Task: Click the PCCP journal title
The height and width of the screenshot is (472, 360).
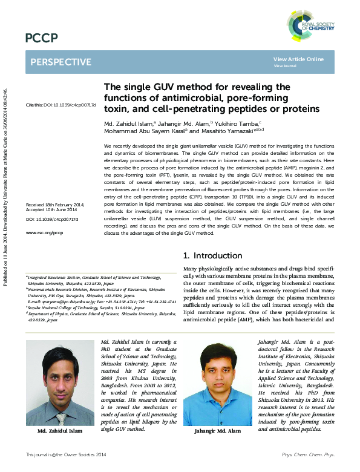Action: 41,39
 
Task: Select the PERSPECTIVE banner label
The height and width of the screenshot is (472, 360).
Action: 61,62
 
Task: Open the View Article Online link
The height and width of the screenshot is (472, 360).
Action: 298,59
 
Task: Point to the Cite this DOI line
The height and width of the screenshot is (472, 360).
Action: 61,105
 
